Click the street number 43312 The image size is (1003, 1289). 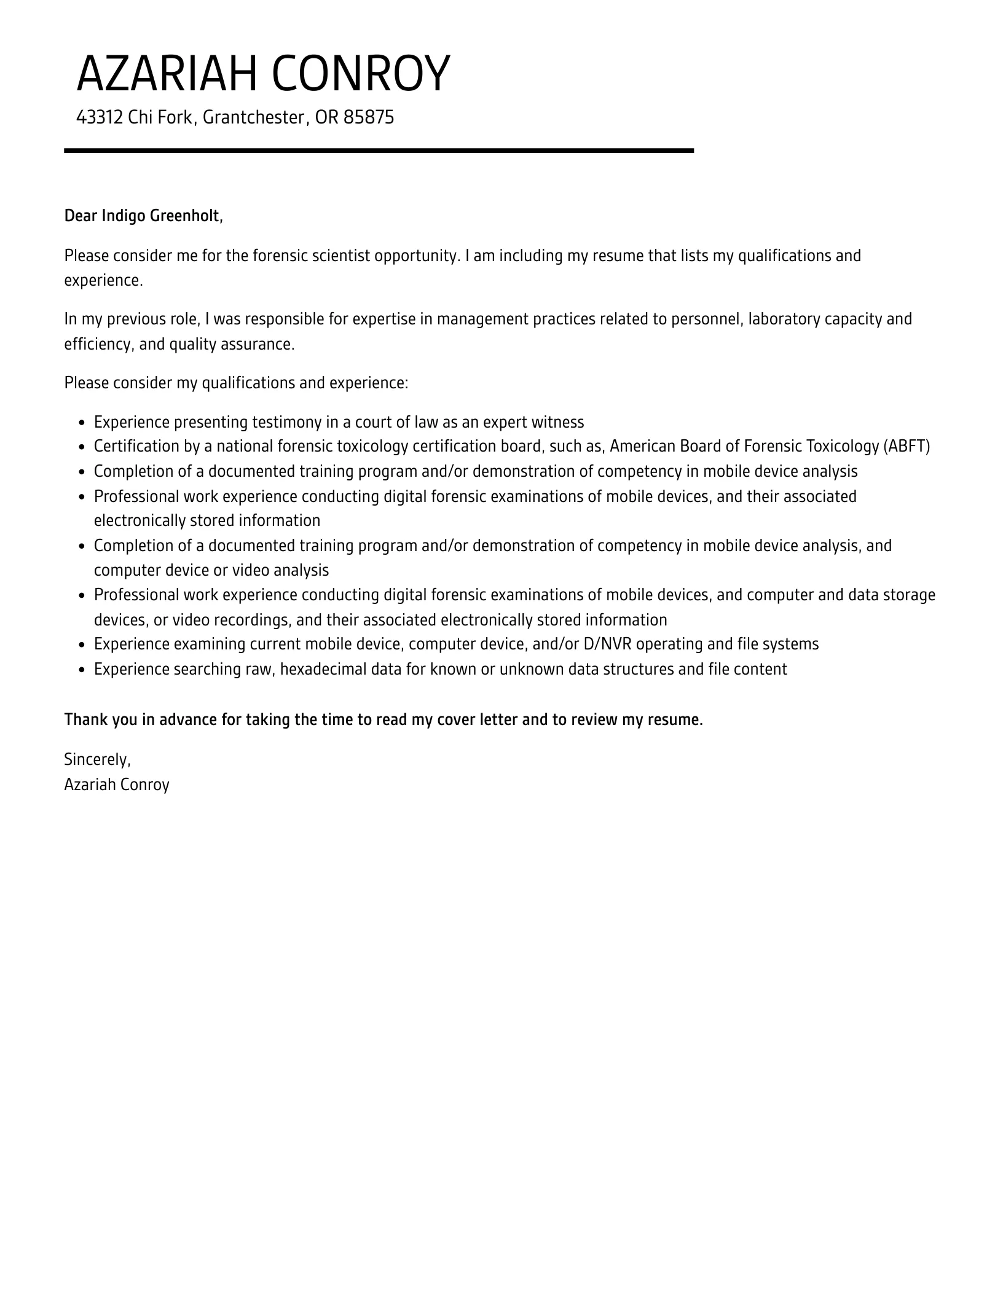pos(100,117)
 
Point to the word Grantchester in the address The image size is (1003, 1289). pos(253,117)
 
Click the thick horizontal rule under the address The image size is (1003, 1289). pos(379,151)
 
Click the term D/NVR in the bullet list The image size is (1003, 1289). pos(608,644)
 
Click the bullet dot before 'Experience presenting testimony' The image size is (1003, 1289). pos(83,423)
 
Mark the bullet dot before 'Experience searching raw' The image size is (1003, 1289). pos(83,670)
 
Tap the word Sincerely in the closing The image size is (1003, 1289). pos(97,760)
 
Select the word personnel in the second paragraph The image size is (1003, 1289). pos(706,319)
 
